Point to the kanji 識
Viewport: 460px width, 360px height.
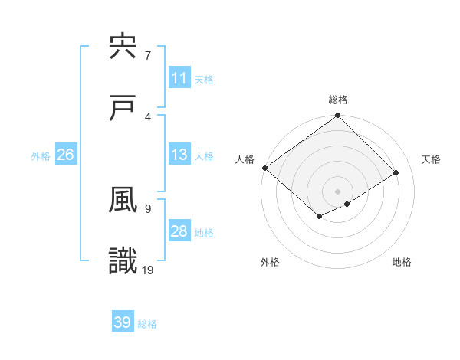point(123,261)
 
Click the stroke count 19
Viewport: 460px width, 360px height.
point(148,269)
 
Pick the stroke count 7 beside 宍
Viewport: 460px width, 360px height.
point(148,56)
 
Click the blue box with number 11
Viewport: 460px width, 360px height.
point(179,78)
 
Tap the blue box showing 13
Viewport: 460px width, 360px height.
point(179,155)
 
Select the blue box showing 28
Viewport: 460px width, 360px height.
point(179,231)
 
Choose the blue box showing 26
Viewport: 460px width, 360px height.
point(66,155)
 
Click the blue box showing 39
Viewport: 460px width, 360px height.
point(123,322)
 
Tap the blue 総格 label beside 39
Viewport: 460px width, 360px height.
point(147,324)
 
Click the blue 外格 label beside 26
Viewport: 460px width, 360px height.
point(41,156)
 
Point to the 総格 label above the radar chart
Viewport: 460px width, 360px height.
point(338,100)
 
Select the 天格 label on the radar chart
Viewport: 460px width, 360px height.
point(432,159)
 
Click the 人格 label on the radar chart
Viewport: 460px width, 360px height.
point(245,159)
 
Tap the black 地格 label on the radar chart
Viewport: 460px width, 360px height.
point(402,262)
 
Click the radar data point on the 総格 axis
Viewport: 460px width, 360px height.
point(338,116)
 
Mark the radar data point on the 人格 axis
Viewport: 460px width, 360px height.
point(264,168)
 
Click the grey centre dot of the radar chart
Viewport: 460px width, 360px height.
point(338,191)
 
